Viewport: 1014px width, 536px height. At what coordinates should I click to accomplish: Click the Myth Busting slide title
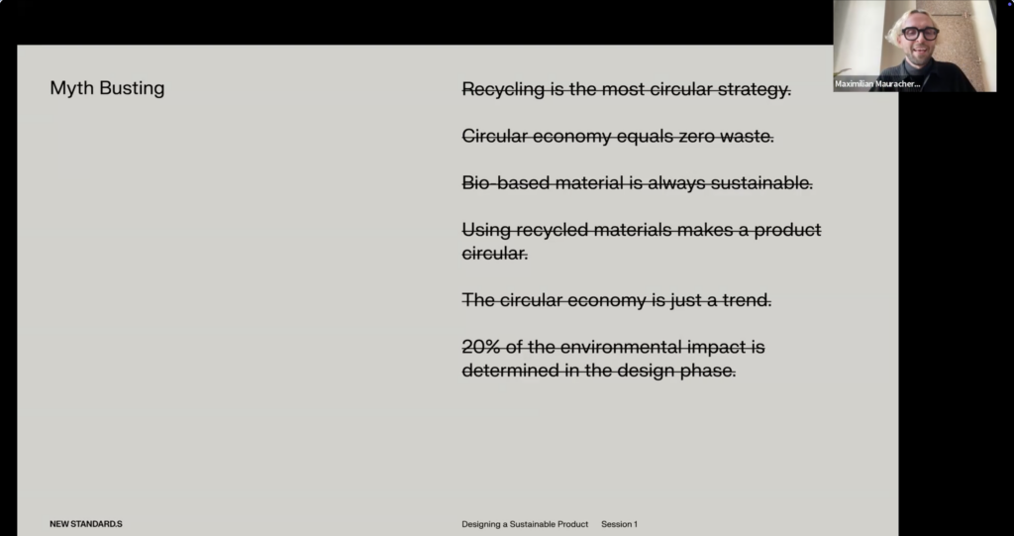(107, 89)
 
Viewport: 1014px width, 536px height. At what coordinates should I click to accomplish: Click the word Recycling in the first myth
(503, 89)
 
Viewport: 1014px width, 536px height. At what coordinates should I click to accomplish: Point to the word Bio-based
(506, 183)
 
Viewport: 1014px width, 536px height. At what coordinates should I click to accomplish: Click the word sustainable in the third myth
(761, 183)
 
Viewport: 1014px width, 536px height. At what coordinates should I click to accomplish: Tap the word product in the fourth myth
(787, 231)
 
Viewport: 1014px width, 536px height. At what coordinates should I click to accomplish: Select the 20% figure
(481, 347)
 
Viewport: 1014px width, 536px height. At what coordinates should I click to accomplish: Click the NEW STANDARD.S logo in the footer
(86, 524)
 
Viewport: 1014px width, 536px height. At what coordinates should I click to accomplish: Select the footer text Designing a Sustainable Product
(525, 524)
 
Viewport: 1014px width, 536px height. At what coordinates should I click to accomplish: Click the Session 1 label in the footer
(620, 524)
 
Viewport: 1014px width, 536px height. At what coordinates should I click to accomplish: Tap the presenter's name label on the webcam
(877, 84)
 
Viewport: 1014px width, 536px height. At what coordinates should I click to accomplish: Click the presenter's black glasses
(920, 34)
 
